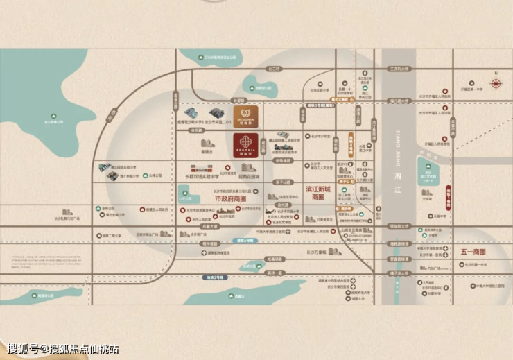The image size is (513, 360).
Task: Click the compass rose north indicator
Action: [x=496, y=84]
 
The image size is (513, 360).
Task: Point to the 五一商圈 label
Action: [x=473, y=251]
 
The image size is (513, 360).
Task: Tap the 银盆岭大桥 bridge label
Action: [x=399, y=226]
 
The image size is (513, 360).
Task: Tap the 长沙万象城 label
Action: [x=316, y=252]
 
